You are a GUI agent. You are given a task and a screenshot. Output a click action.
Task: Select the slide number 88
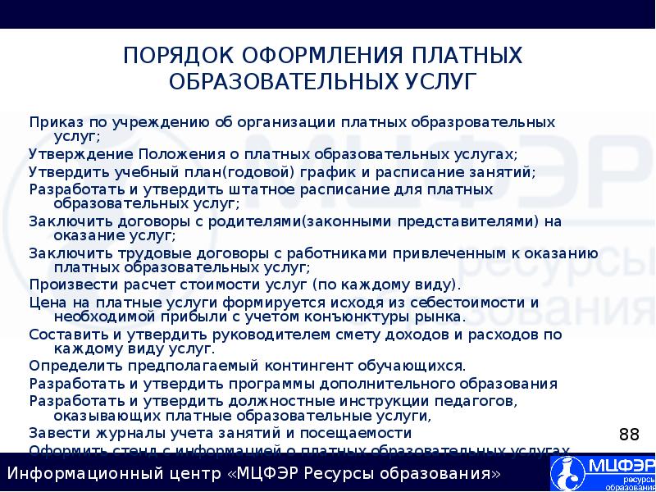coord(628,434)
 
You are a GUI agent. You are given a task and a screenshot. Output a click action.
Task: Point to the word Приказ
coord(54,122)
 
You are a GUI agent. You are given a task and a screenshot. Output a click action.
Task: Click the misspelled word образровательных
coord(476,122)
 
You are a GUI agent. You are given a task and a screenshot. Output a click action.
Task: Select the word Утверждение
coord(77,153)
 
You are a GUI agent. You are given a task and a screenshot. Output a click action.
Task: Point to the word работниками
coord(307,253)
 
